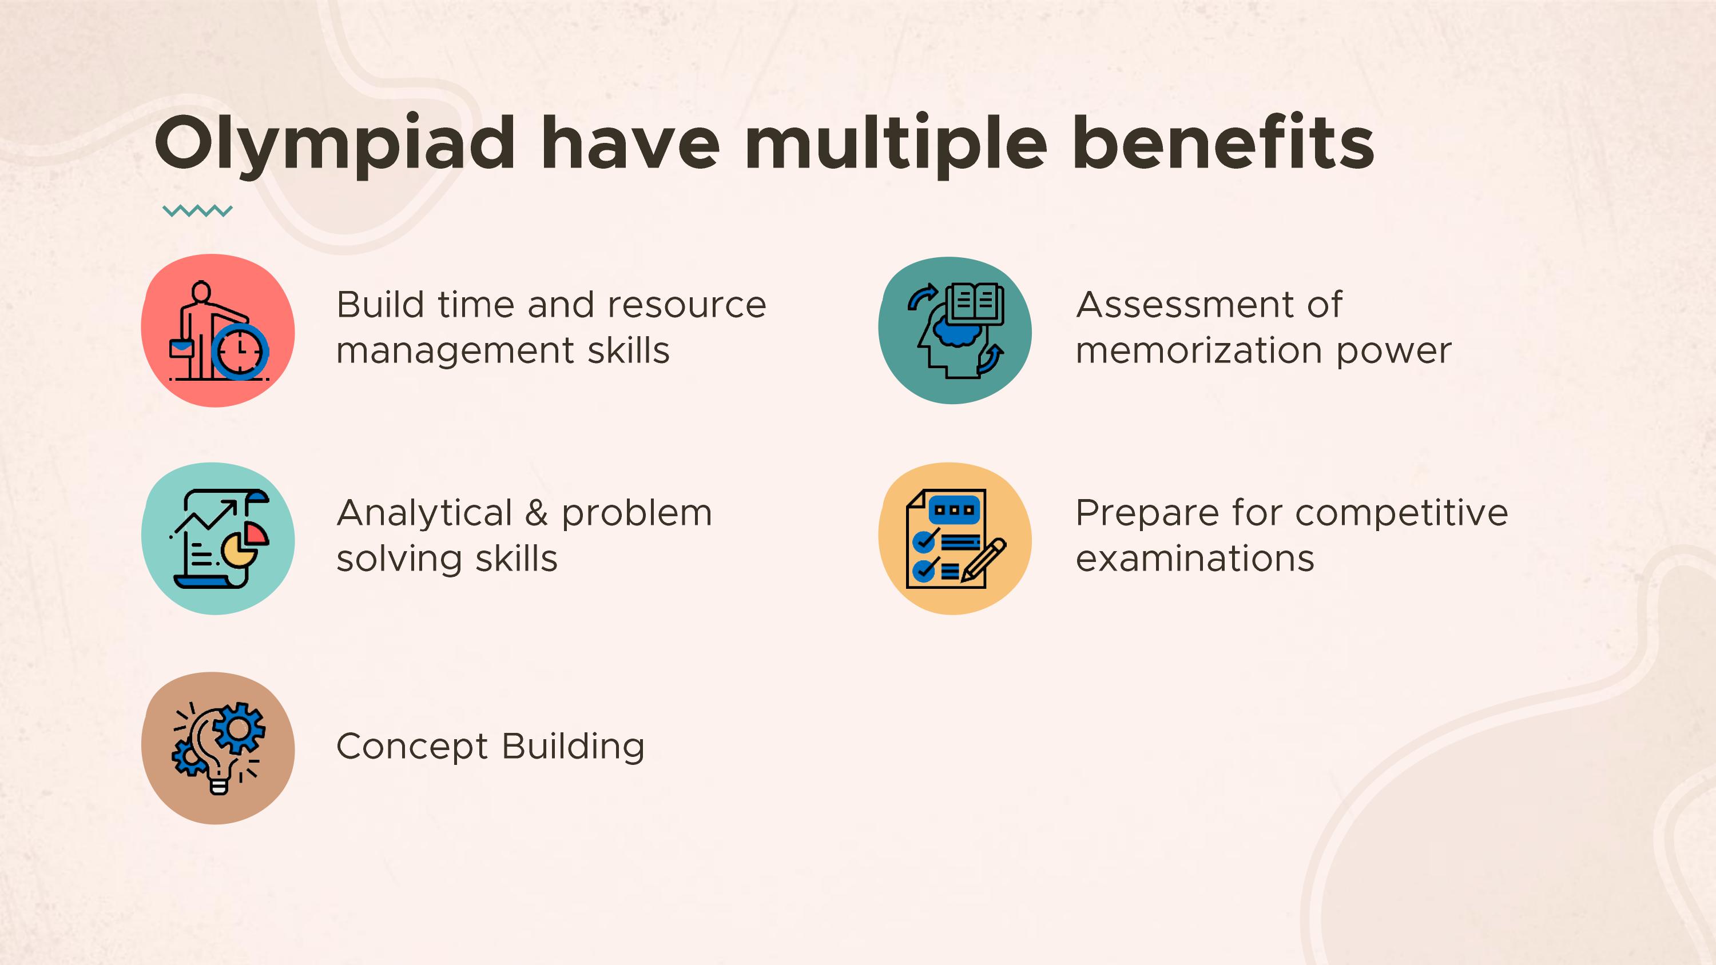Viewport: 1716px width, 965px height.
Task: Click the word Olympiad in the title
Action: click(x=335, y=145)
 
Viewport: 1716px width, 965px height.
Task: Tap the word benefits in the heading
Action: click(x=1223, y=142)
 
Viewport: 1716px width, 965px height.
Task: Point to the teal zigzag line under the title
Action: click(x=197, y=211)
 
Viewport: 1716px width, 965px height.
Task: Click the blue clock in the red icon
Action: click(x=240, y=352)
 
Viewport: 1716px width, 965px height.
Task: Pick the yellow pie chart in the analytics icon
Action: click(x=235, y=550)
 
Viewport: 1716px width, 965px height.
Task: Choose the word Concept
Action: click(x=412, y=747)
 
